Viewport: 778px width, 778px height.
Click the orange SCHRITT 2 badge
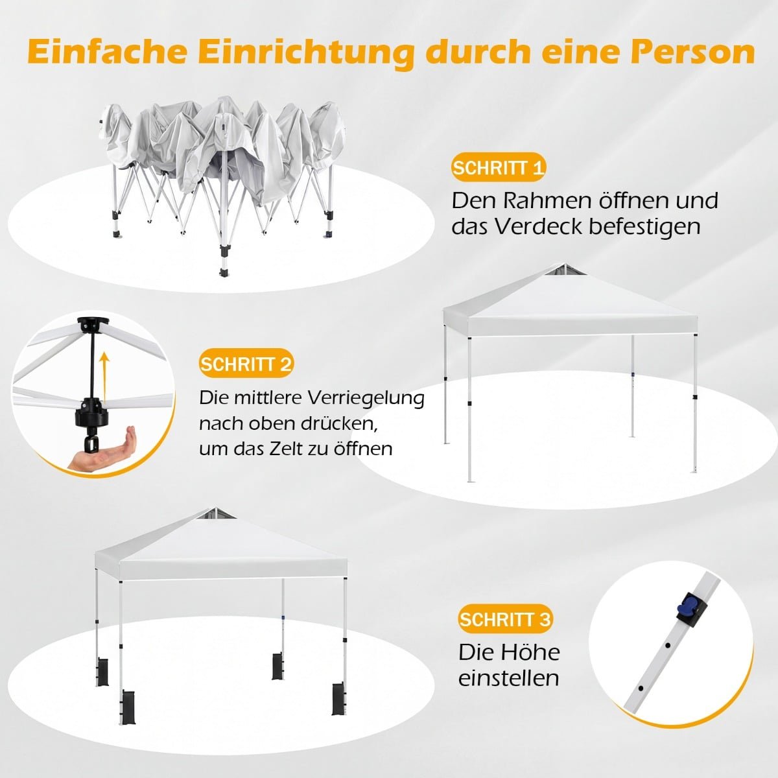click(246, 364)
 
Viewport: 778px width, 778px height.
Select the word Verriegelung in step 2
click(366, 399)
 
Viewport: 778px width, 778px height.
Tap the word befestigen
click(644, 227)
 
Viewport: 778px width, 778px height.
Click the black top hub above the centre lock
click(93, 325)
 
